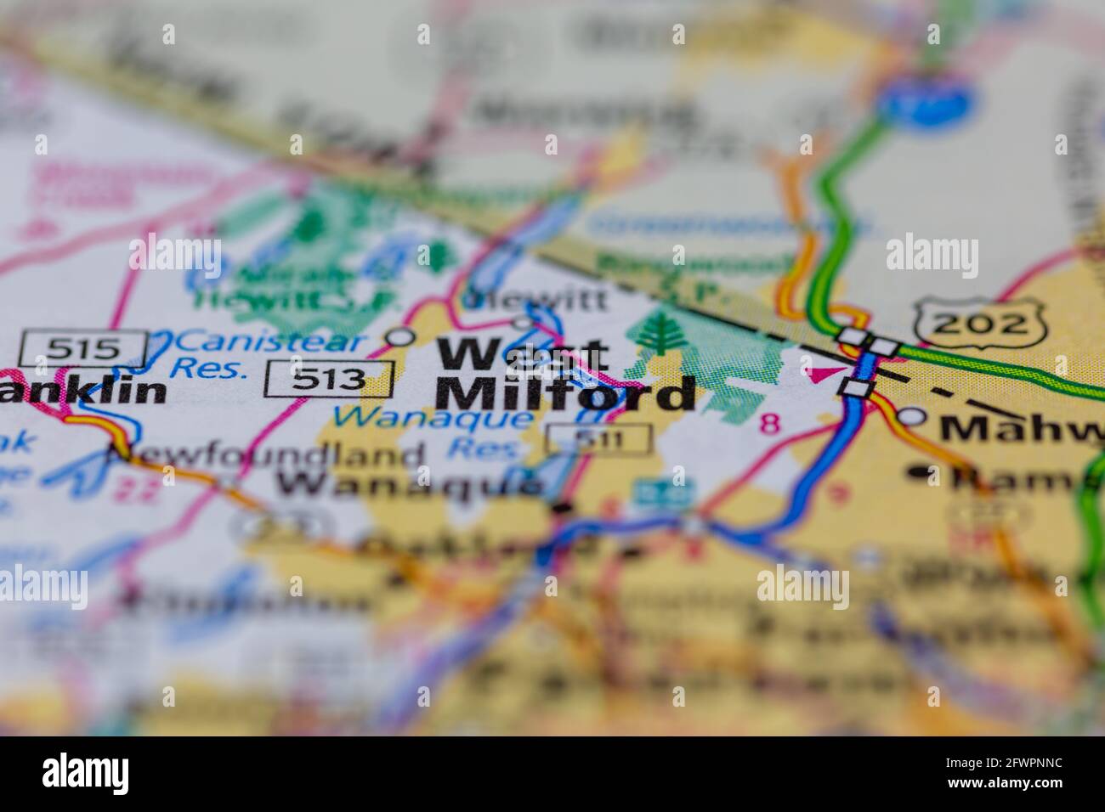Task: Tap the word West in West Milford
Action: pyautogui.click(x=522, y=352)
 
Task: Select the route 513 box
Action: pyautogui.click(x=330, y=379)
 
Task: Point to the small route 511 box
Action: pyautogui.click(x=599, y=439)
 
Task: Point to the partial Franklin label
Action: pyautogui.click(x=83, y=390)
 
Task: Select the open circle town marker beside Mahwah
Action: pyautogui.click(x=912, y=416)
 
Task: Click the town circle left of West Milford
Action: pyautogui.click(x=400, y=337)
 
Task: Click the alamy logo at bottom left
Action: pyautogui.click(x=86, y=774)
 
